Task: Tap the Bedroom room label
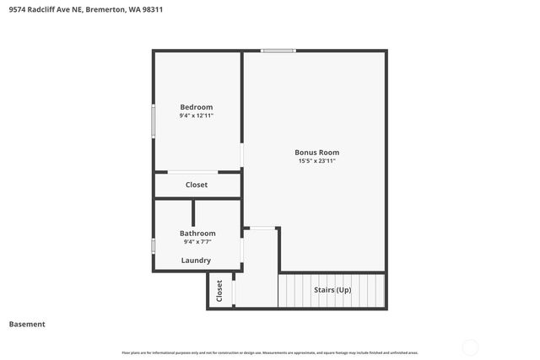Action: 196,107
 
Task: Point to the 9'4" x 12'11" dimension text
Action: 196,116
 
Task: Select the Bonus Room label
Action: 316,153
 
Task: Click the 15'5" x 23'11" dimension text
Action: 316,161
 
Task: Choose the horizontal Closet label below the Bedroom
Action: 196,185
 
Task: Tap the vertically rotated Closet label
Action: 219,291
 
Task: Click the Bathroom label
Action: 197,233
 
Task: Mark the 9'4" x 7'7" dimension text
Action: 197,242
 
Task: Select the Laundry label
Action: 196,261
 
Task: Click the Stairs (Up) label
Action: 332,290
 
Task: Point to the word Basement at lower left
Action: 27,324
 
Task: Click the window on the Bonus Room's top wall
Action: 278,51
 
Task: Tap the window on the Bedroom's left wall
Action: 153,119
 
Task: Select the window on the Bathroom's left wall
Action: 153,246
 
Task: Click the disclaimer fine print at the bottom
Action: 270,352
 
